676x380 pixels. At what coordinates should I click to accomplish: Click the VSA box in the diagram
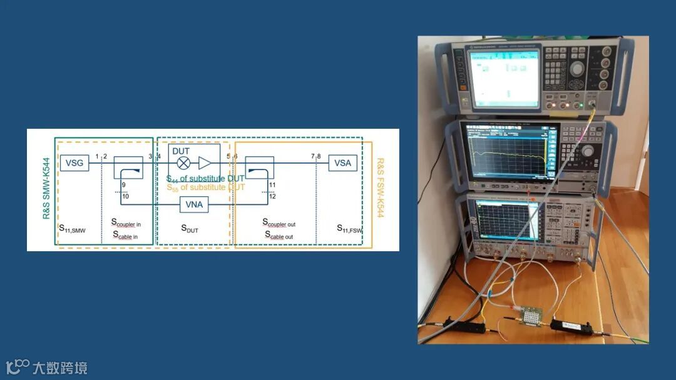point(342,163)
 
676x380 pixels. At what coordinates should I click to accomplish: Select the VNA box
point(194,204)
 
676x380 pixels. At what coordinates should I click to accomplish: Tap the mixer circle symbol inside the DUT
point(183,163)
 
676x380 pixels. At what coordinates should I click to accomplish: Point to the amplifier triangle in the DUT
point(205,163)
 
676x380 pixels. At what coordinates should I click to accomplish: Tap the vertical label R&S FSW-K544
point(380,188)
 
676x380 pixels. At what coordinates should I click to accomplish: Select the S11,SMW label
point(72,229)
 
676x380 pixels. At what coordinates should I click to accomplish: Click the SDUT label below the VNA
point(189,229)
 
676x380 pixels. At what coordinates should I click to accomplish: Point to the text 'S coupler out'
point(278,223)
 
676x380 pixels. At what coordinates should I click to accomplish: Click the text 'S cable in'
point(125,236)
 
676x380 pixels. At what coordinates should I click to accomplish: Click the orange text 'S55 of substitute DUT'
point(206,187)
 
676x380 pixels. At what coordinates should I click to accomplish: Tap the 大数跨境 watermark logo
point(47,367)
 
